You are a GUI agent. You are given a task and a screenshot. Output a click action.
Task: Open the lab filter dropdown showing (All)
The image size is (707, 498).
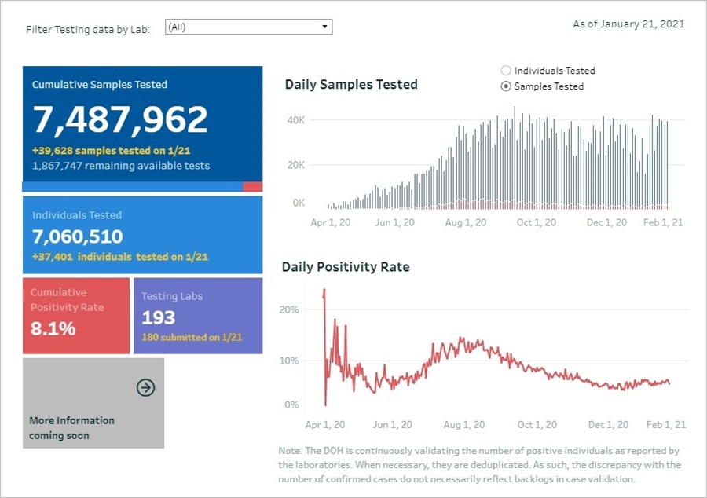248,27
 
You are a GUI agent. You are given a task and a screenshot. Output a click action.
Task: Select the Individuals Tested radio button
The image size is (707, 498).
506,71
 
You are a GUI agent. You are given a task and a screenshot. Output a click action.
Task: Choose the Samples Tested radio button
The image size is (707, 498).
506,86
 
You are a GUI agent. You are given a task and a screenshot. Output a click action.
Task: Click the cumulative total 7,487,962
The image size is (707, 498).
120,119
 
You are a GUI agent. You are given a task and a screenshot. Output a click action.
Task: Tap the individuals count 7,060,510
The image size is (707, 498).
78,236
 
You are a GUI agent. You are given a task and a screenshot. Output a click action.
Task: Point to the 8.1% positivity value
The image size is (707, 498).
53,329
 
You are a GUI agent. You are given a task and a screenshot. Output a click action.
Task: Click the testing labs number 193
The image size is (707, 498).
159,318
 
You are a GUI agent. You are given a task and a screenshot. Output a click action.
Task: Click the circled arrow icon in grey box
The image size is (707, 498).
145,387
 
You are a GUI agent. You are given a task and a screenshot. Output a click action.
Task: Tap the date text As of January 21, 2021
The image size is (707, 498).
628,24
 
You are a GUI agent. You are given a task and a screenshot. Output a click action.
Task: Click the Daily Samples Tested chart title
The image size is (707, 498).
351,85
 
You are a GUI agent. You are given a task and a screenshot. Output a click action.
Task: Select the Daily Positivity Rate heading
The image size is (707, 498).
346,267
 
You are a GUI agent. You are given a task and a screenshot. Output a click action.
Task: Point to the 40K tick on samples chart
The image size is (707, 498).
295,120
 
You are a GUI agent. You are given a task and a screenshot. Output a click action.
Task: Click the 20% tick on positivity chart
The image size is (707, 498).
289,309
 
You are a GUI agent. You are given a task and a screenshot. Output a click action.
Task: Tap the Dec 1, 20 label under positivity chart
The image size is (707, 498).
608,425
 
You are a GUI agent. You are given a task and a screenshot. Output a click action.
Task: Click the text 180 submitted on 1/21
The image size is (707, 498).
192,338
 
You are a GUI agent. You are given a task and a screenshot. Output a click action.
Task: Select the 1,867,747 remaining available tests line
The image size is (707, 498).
121,167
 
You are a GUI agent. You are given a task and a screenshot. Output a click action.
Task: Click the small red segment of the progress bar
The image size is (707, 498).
252,187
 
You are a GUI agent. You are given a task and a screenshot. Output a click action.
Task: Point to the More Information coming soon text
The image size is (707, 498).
71,428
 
